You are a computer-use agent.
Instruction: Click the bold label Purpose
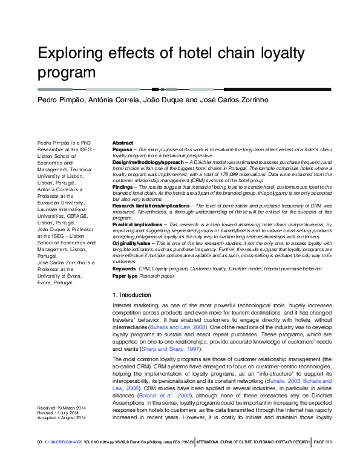[122, 149]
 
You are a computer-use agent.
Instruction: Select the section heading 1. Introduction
[132, 295]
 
